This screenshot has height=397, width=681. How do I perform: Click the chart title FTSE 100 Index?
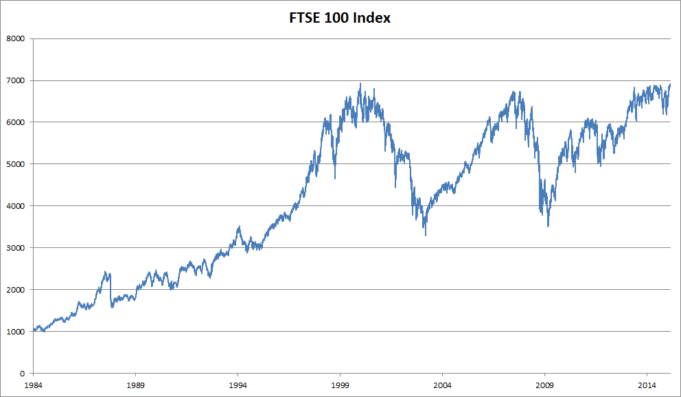(340, 19)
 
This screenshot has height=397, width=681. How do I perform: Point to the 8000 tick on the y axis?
(15, 38)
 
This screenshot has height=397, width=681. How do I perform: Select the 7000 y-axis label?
(15, 80)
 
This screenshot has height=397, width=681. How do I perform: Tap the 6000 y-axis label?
(15, 122)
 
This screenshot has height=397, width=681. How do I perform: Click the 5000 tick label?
(15, 164)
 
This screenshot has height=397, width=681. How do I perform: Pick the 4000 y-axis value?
(15, 206)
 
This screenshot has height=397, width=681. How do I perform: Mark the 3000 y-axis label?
(15, 248)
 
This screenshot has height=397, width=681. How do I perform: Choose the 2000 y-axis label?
(15, 290)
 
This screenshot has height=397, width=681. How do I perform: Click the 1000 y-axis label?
(15, 332)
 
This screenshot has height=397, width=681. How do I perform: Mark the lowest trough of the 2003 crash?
(426, 236)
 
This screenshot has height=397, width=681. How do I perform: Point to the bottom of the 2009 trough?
(548, 226)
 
